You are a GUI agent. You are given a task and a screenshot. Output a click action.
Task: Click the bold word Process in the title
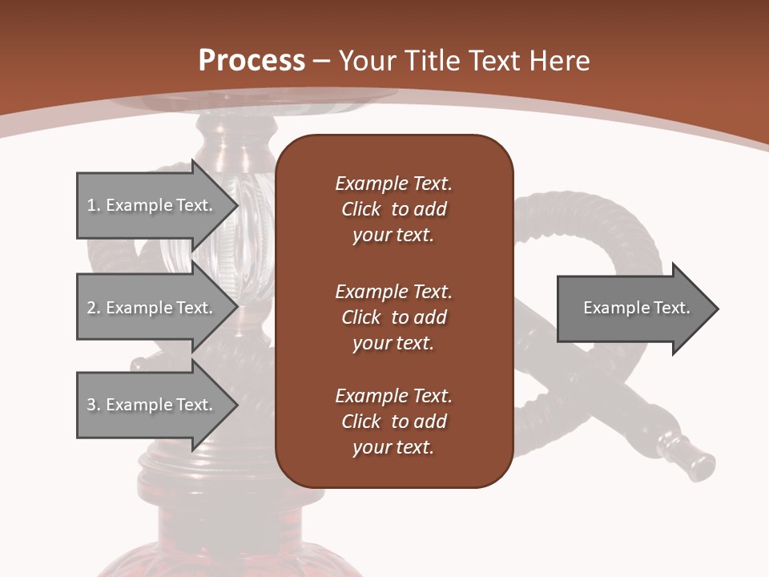point(252,61)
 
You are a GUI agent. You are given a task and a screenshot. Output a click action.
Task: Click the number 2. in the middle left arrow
point(93,308)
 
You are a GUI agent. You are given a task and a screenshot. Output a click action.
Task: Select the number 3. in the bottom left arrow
point(93,405)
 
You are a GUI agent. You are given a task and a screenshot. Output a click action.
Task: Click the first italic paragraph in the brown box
point(393,209)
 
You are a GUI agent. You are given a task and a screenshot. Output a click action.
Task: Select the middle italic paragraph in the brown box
point(393,317)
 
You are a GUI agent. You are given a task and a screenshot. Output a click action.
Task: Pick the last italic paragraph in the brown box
point(393,422)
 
